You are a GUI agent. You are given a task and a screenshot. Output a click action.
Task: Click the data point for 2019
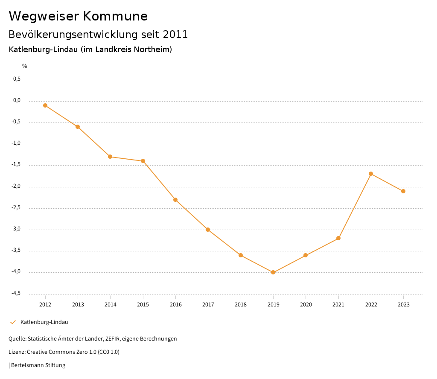[x=273, y=272]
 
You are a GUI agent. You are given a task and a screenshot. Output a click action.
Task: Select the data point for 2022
[x=371, y=174]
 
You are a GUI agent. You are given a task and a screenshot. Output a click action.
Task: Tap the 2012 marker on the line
[x=45, y=105]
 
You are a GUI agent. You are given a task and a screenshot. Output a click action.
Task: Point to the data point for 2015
[x=143, y=161]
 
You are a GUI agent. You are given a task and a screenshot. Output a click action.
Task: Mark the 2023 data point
[x=403, y=191]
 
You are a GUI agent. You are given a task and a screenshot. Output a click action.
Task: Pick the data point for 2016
[x=175, y=200]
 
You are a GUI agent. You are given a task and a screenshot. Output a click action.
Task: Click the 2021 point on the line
[x=338, y=238]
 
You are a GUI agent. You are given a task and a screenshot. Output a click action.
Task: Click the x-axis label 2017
[x=208, y=304]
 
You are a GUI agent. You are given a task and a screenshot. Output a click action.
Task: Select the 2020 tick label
[x=306, y=304]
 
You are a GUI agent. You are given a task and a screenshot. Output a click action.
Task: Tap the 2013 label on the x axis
[x=78, y=304]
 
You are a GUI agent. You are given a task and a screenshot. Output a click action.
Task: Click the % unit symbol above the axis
[x=25, y=66]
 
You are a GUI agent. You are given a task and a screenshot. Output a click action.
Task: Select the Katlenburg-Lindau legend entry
[x=44, y=322]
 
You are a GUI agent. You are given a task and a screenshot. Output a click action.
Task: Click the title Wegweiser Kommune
[x=78, y=16]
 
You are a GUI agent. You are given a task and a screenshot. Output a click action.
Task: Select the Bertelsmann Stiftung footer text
[x=38, y=365]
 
